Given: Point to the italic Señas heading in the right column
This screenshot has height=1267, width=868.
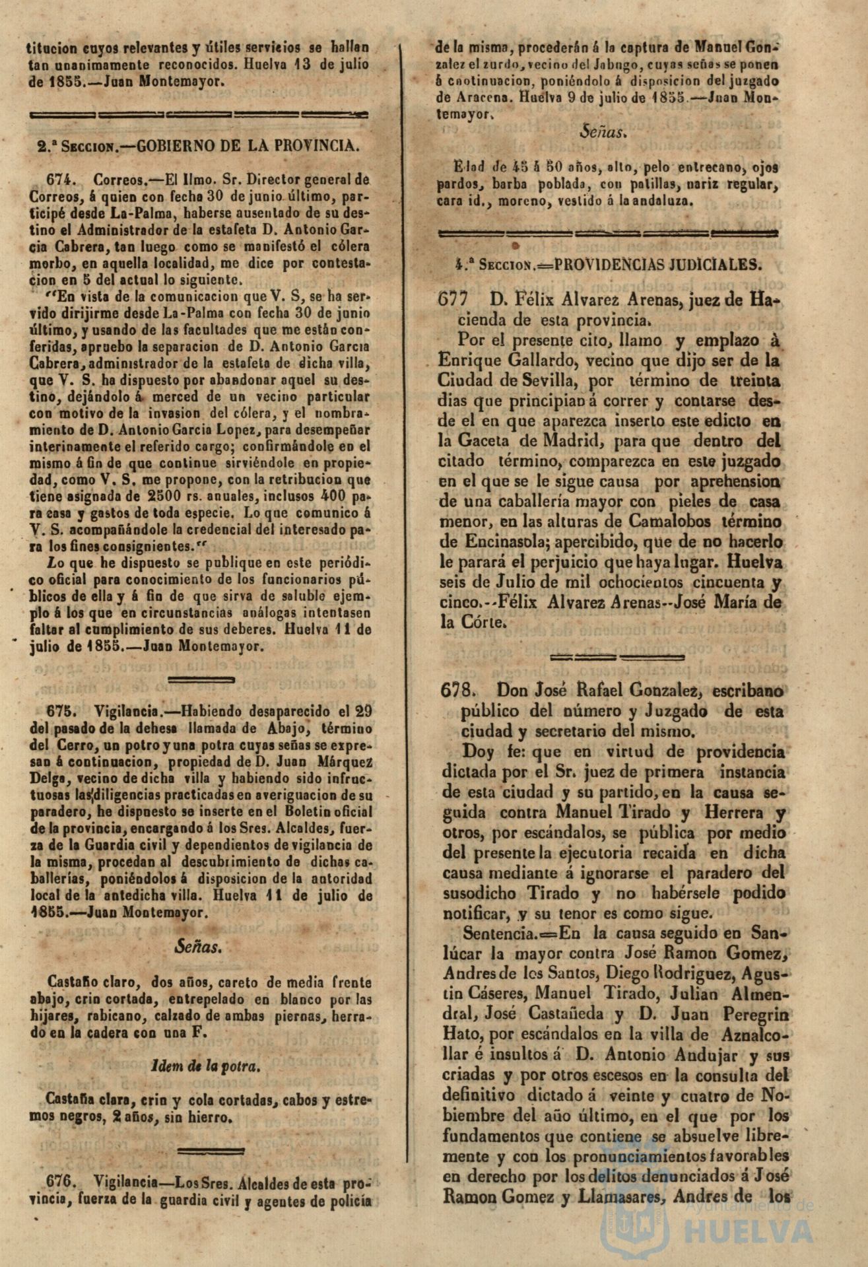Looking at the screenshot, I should pyautogui.click(x=603, y=133).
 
